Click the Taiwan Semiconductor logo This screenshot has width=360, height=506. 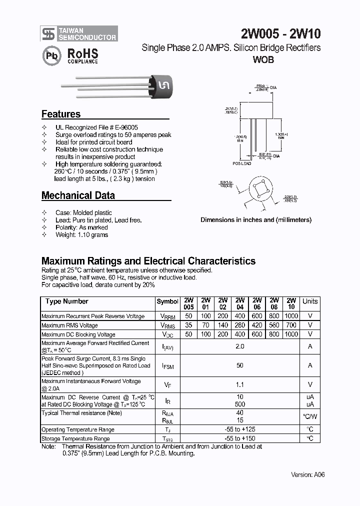[79, 33]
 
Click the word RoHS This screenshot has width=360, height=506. [82, 53]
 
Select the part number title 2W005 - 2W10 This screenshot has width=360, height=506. [280, 34]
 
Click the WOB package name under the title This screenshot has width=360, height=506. [263, 59]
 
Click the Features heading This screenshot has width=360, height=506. [61, 114]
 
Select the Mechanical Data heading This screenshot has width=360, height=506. [78, 195]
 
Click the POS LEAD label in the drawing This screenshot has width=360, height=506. [242, 163]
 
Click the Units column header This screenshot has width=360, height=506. [310, 301]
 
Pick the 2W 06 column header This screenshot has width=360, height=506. [257, 303]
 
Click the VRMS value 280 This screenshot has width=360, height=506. [240, 325]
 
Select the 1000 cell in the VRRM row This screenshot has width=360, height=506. [291, 316]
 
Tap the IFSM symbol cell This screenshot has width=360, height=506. [167, 366]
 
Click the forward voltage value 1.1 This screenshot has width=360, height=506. [240, 384]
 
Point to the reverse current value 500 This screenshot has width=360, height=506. [240, 404]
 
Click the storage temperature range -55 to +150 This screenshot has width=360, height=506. [240, 438]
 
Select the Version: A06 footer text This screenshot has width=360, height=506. [308, 474]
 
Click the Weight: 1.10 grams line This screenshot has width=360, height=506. [81, 234]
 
